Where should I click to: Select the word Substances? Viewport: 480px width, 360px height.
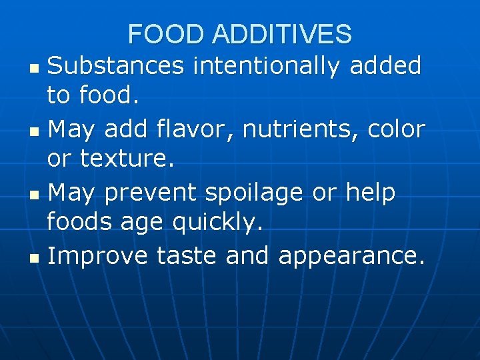(116, 66)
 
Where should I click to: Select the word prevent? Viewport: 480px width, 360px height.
(151, 193)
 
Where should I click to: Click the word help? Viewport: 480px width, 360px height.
(371, 193)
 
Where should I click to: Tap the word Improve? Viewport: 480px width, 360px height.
(99, 256)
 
